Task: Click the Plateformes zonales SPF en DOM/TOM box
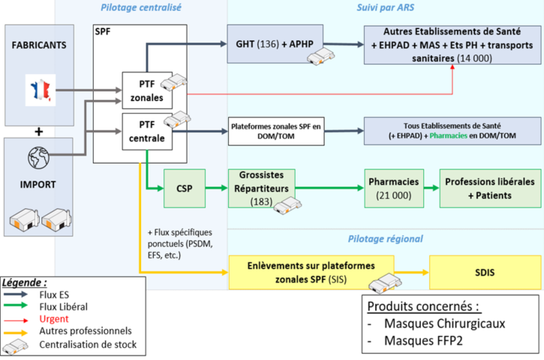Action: point(276,131)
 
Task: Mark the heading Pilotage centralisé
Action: point(140,7)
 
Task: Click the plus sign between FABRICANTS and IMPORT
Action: point(37,131)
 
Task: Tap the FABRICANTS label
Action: point(39,44)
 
